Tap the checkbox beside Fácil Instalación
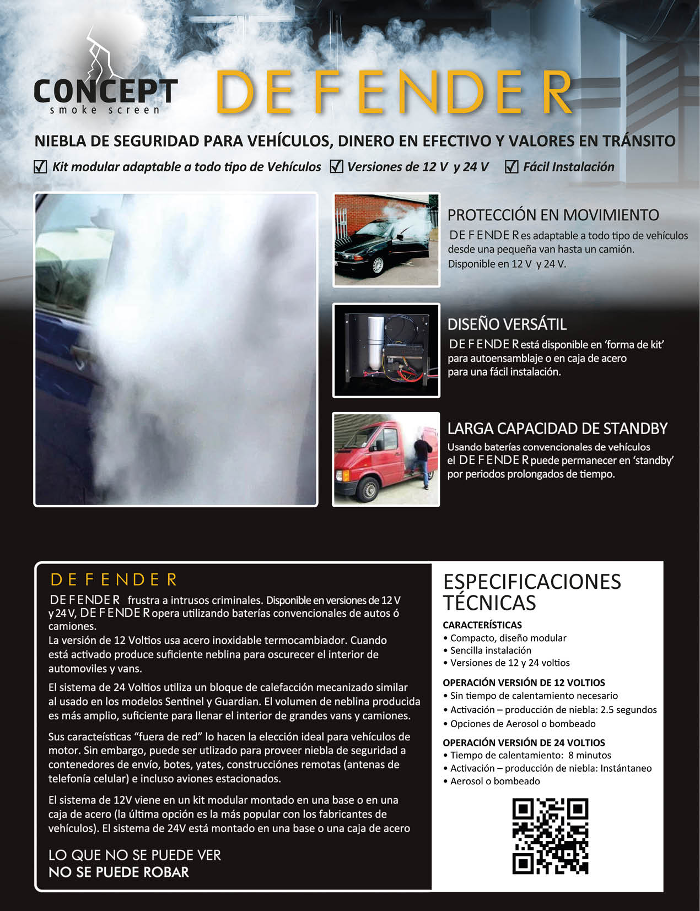click(511, 166)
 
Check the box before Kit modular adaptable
click(40, 166)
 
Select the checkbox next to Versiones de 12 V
click(336, 166)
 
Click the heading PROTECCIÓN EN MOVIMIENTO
click(553, 215)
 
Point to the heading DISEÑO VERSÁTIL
click(507, 324)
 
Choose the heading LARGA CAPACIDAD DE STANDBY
click(557, 429)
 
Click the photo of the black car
click(386, 240)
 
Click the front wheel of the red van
click(369, 490)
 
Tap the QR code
click(550, 836)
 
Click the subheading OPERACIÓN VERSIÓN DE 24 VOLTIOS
click(524, 742)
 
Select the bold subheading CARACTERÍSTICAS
click(482, 625)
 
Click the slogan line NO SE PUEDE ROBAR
click(119, 872)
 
